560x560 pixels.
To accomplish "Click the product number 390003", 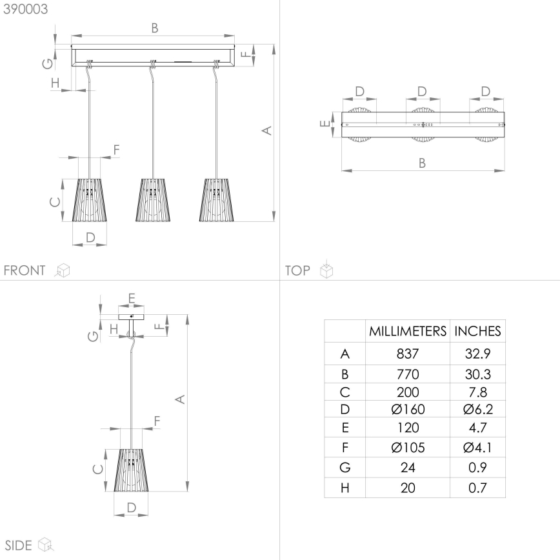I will click(x=25, y=10).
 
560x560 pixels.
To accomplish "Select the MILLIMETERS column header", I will click(x=408, y=332).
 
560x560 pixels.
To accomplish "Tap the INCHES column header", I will click(x=477, y=332).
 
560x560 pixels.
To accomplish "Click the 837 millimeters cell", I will click(x=408, y=354).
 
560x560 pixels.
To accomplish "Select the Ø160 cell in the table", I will click(x=408, y=409).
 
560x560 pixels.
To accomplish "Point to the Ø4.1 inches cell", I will click(x=477, y=446).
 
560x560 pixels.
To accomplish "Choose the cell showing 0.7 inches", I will click(x=477, y=488).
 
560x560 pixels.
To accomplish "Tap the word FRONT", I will click(x=25, y=270).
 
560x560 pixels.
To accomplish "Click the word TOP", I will click(x=298, y=270).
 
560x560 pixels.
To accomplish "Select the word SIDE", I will click(x=18, y=545).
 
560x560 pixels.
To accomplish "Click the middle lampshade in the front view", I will click(x=152, y=200).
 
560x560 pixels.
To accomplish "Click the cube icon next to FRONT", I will click(x=62, y=270).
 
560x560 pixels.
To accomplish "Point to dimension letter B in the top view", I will click(x=422, y=163).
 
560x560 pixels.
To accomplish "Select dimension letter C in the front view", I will click(x=55, y=201).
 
